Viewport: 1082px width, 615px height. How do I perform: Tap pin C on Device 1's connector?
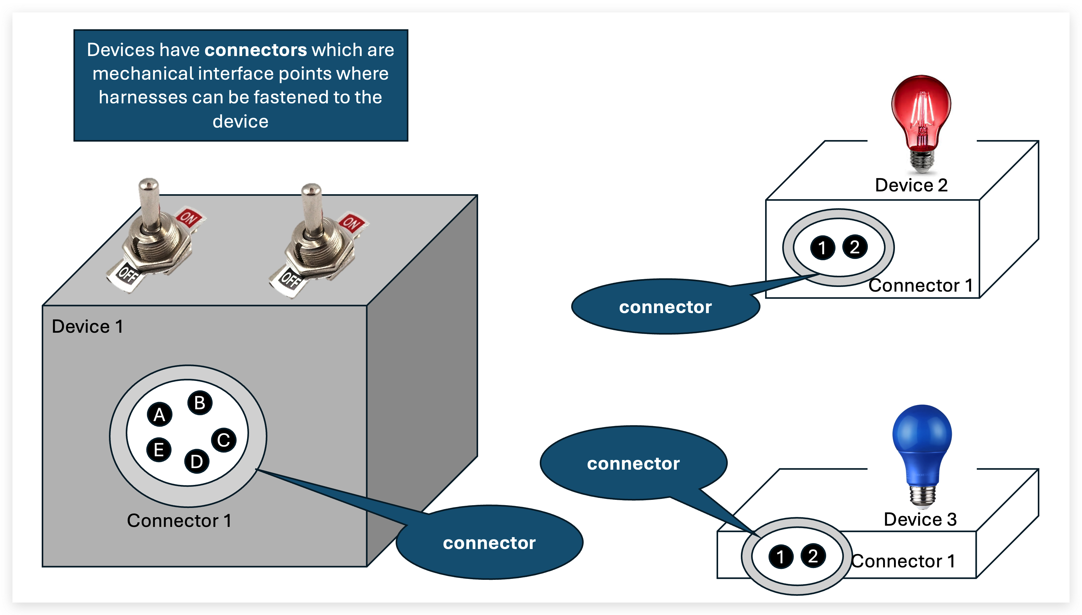(223, 440)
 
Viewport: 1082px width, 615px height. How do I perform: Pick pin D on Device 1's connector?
(197, 461)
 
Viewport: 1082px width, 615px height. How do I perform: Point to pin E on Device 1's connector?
(159, 449)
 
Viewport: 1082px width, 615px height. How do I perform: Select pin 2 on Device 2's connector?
(855, 247)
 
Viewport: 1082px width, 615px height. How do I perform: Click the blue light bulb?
(922, 448)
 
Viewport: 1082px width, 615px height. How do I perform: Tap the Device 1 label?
(87, 326)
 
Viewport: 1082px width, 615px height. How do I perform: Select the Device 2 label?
(911, 185)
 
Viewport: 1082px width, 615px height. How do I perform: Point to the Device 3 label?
(920, 519)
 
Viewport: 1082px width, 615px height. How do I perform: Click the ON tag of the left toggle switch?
(188, 217)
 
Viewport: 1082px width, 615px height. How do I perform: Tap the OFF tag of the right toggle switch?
(290, 279)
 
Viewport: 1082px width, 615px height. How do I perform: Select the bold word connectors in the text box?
(256, 50)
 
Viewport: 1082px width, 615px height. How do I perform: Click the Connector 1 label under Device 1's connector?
(179, 520)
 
